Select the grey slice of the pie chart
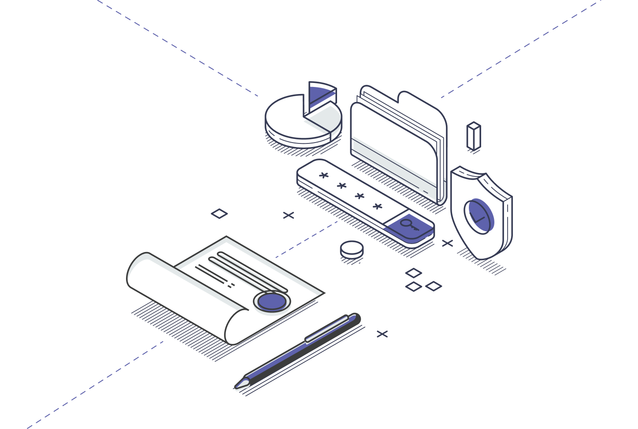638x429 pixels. pyautogui.click(x=325, y=117)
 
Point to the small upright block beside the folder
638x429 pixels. pyautogui.click(x=474, y=136)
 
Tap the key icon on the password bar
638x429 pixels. pyautogui.click(x=408, y=224)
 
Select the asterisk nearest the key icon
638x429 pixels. pyautogui.click(x=378, y=206)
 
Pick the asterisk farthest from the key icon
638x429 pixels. pyautogui.click(x=324, y=175)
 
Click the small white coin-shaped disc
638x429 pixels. pyautogui.click(x=352, y=249)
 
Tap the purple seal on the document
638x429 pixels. pyautogui.click(x=271, y=301)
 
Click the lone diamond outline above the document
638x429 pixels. pyautogui.click(x=219, y=214)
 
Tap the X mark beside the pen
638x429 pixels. pyautogui.click(x=382, y=334)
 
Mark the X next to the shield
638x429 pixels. pyautogui.click(x=447, y=243)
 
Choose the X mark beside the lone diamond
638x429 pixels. pyautogui.click(x=289, y=215)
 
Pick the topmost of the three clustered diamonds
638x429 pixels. pyautogui.click(x=414, y=273)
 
